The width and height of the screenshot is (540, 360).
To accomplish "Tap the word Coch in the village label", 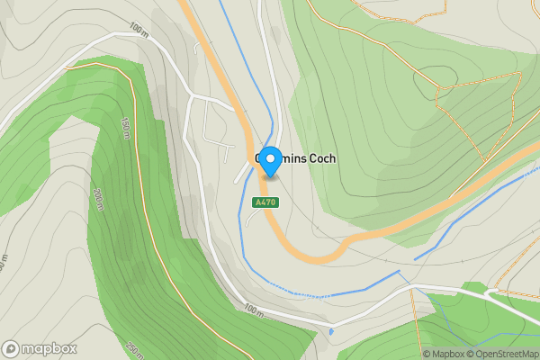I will [322, 158].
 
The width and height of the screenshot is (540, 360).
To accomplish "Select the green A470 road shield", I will [265, 202].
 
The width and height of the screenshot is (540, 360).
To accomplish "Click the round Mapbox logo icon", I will [12, 348].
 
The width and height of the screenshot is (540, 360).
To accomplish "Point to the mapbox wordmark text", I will [49, 348].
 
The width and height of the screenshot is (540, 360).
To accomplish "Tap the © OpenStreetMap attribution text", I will [500, 354].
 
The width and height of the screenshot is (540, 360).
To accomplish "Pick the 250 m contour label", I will [134, 349].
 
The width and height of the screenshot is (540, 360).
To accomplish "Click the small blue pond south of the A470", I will [331, 332].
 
